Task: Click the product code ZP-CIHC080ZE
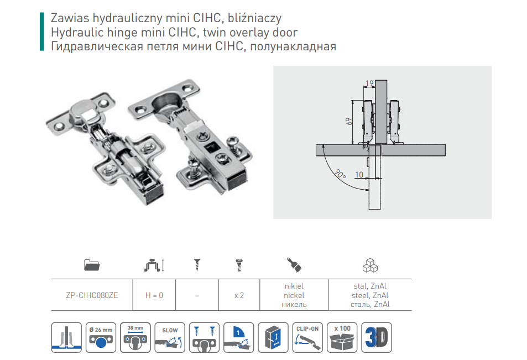(92, 295)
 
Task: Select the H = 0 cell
(154, 295)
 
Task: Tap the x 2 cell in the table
(239, 295)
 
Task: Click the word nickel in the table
(294, 295)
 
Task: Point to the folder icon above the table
(92, 265)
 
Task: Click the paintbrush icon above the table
(294, 264)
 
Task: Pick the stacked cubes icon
(370, 265)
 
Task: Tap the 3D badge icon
(377, 337)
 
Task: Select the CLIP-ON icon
(307, 337)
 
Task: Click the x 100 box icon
(342, 337)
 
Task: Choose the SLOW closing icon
(170, 337)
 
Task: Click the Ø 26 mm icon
(101, 337)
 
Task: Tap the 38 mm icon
(135, 337)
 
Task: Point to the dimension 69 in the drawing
(349, 121)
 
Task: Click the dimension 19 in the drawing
(369, 83)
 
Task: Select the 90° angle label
(340, 174)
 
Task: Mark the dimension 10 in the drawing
(359, 174)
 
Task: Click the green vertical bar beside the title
(41, 32)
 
